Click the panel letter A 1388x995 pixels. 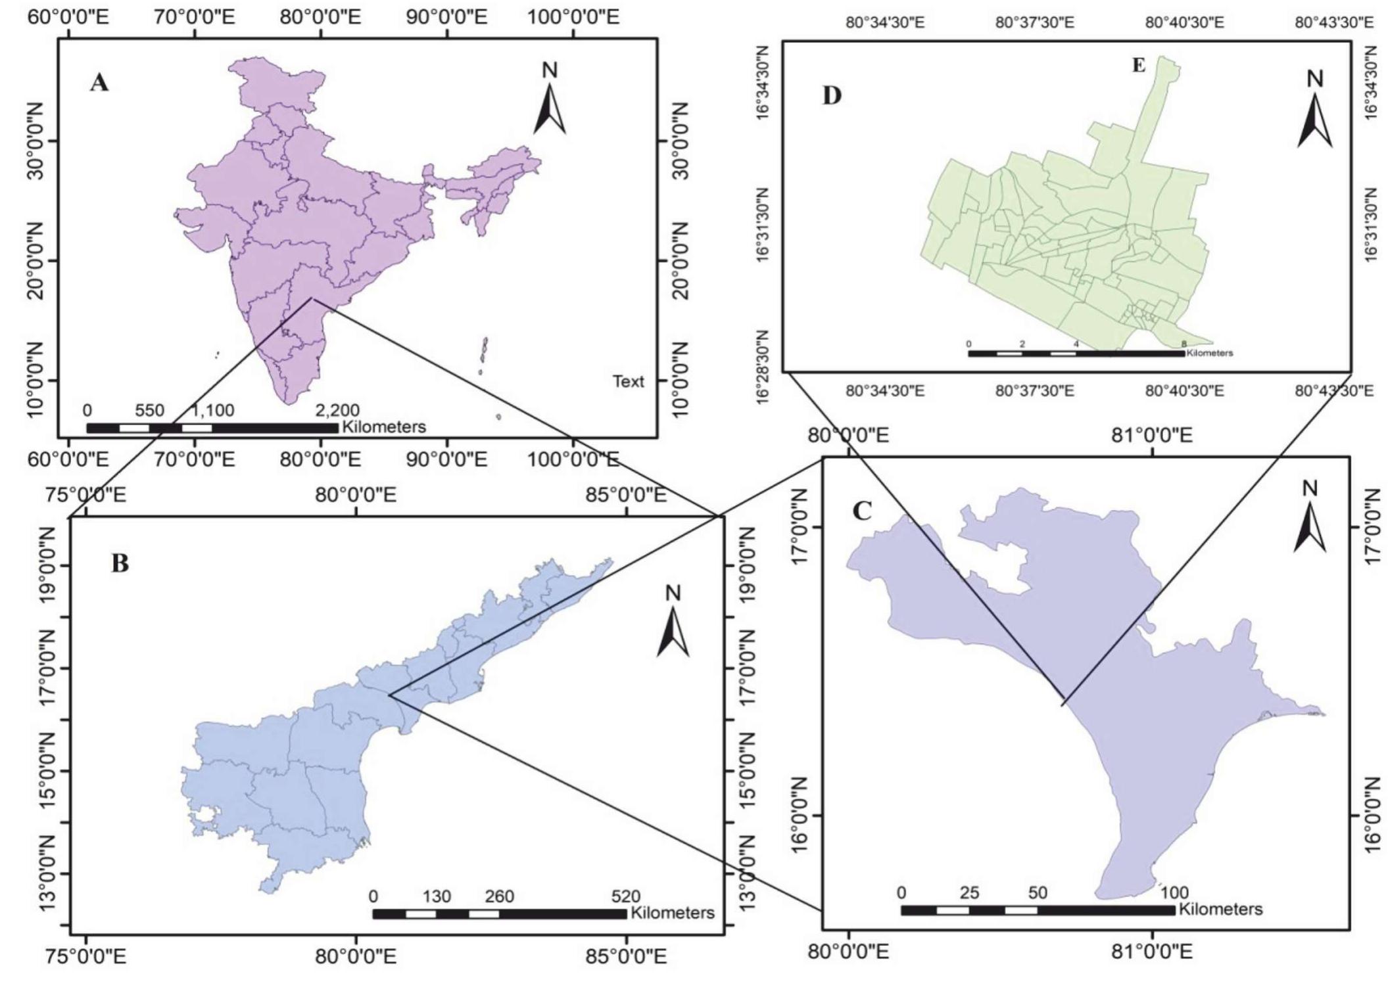coord(99,83)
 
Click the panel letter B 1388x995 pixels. coord(120,563)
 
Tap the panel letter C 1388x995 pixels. coord(861,511)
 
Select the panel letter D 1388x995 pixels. coord(832,96)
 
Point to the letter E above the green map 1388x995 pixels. coord(1139,65)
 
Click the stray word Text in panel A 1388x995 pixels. coord(629,381)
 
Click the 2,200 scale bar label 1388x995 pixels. coord(337,410)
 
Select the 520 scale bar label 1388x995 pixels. coord(625,896)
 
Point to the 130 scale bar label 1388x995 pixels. coord(437,896)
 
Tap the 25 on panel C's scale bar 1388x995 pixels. coord(969,892)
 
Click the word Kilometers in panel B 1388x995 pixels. coord(672,913)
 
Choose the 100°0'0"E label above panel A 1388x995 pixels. coord(573,17)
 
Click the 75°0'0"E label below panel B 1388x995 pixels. coord(85,956)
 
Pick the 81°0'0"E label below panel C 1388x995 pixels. coord(1152,952)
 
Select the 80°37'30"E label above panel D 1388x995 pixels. coord(1034,23)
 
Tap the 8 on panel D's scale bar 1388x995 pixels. coord(1184,344)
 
